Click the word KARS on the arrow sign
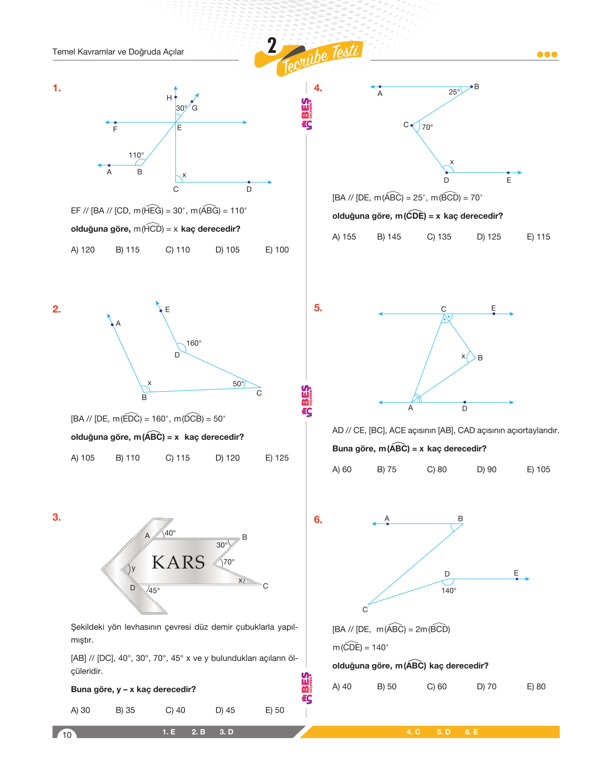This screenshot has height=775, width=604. [x=178, y=562]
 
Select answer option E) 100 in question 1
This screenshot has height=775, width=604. [x=277, y=250]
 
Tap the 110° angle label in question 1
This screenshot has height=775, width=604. [x=136, y=155]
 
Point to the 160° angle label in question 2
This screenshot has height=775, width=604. [x=194, y=343]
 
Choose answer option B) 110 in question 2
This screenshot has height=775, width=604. [x=127, y=458]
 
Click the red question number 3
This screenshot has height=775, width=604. [x=57, y=517]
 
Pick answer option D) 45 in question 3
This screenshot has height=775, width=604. [x=225, y=710]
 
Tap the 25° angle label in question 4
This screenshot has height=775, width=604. [x=454, y=92]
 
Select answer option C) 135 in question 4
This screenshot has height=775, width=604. [x=439, y=237]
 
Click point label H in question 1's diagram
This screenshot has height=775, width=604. [x=169, y=98]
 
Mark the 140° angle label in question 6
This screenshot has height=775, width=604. [x=449, y=591]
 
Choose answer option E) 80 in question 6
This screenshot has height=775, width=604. [x=536, y=686]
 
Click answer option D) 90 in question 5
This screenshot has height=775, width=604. [x=486, y=470]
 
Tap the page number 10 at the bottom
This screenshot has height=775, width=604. [x=67, y=735]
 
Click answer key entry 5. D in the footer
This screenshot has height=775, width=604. [x=443, y=732]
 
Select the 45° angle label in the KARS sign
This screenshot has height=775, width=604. [x=154, y=591]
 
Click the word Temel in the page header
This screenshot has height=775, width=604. [x=64, y=52]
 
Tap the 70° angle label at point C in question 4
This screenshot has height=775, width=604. [x=427, y=127]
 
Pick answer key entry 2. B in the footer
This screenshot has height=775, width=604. [x=198, y=732]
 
